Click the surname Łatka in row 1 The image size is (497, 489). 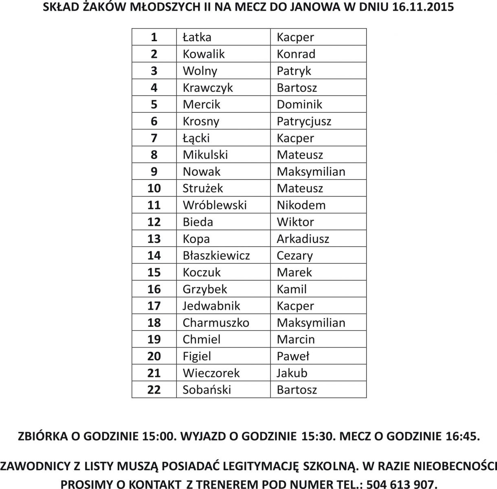tap(197, 37)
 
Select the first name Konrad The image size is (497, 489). tap(296, 54)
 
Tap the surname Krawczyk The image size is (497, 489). tap(208, 88)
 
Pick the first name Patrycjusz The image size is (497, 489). tap(304, 121)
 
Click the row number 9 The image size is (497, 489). tap(154, 172)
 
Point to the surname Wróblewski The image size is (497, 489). tap(215, 205)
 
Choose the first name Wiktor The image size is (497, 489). tap(295, 222)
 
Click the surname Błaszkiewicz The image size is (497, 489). tap(216, 256)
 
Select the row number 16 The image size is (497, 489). tap(154, 289)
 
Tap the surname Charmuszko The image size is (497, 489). tap(216, 323)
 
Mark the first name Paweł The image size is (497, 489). tap(293, 357)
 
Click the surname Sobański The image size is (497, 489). tap(207, 390)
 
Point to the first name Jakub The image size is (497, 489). tap(292, 373)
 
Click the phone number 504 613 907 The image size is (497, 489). tap(401, 484)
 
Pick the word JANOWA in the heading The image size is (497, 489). tap(299, 7)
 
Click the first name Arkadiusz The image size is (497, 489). tap(303, 239)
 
